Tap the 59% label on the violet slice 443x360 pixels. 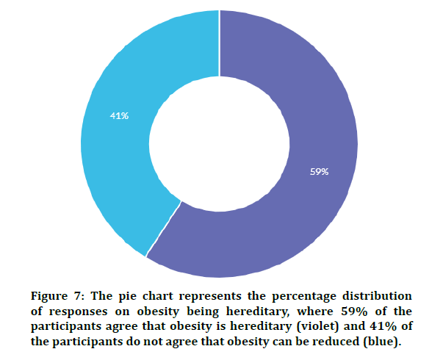[319, 171]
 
